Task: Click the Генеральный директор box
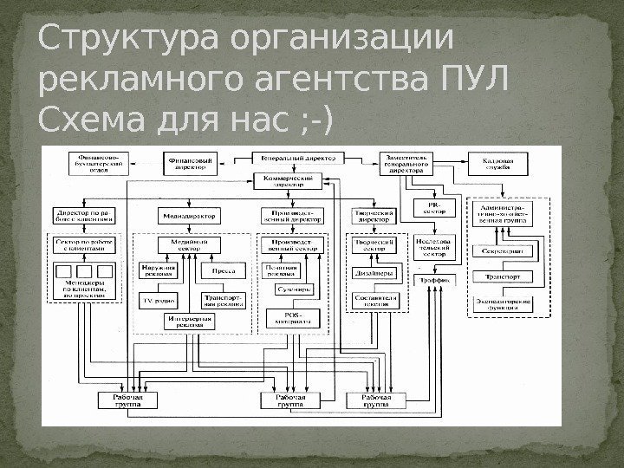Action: coord(298,159)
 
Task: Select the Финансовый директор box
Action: coord(189,161)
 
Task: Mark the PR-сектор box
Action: coord(436,207)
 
